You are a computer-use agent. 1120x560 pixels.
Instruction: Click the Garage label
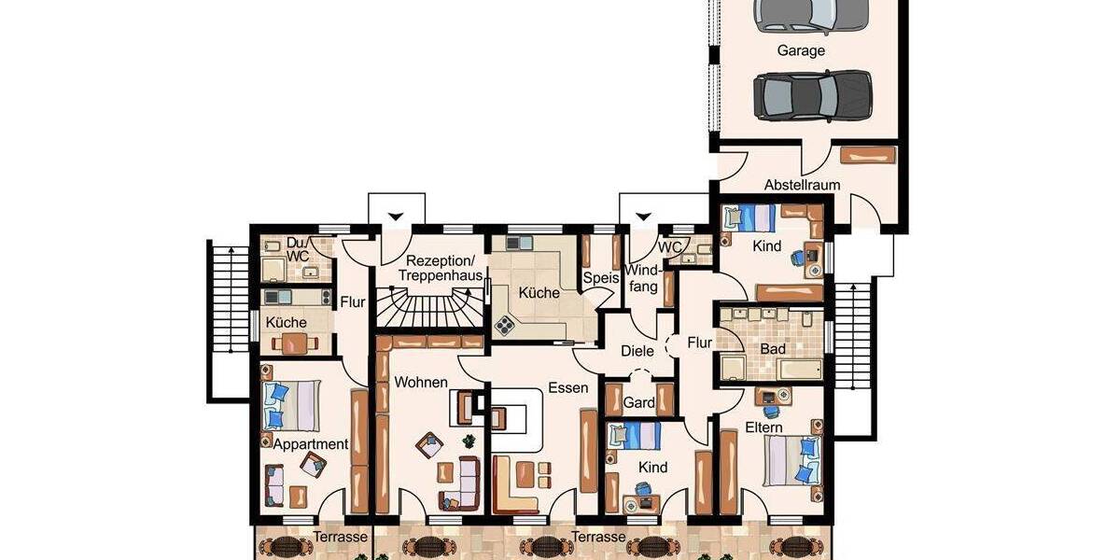point(801,50)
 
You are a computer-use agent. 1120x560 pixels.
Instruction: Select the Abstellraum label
point(802,185)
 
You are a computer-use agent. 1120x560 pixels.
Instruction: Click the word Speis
point(602,277)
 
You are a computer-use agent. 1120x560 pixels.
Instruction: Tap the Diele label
point(637,351)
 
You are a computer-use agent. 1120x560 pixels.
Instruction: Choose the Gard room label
point(638,402)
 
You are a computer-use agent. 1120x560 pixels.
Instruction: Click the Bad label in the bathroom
point(773,348)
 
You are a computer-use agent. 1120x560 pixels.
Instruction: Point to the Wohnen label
point(421,383)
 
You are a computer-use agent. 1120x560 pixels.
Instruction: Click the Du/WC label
point(298,248)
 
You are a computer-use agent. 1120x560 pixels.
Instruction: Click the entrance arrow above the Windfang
point(641,217)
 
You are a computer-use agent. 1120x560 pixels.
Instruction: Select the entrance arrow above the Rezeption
point(396,217)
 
